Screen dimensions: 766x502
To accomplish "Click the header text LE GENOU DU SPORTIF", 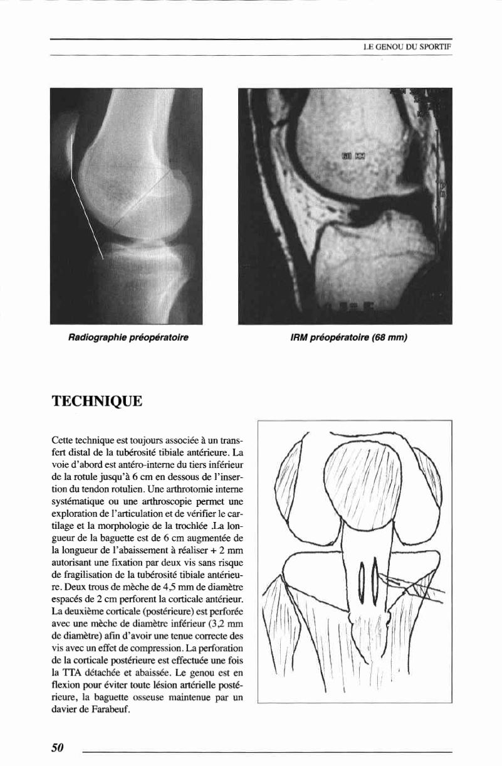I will point(407,46).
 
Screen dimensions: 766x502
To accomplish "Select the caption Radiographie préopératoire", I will point(128,338).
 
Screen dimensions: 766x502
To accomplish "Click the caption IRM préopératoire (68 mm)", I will point(349,338).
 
